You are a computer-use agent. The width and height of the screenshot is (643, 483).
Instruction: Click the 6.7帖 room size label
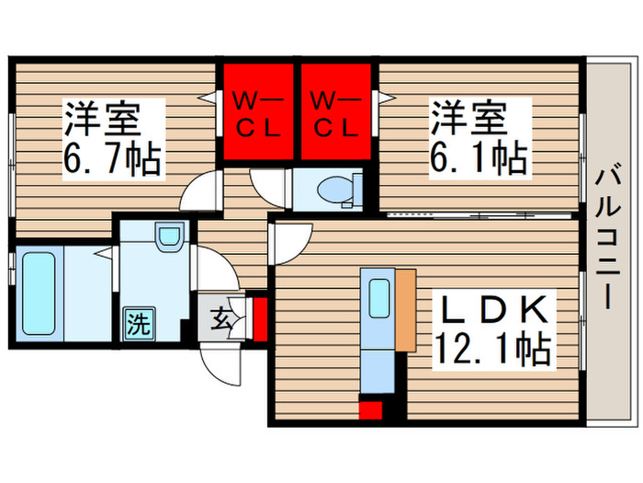pyautogui.click(x=112, y=162)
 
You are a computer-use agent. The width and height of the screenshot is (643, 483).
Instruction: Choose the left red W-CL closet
pyautogui.click(x=254, y=112)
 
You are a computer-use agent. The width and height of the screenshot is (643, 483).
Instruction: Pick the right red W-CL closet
pyautogui.click(x=335, y=112)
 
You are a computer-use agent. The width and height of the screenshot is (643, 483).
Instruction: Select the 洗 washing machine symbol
pyautogui.click(x=137, y=323)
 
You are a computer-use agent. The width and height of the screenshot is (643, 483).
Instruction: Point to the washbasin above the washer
pyautogui.click(x=167, y=237)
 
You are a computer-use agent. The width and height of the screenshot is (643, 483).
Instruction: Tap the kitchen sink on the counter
pyautogui.click(x=378, y=297)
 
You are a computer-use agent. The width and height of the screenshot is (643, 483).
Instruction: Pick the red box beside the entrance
pyautogui.click(x=259, y=317)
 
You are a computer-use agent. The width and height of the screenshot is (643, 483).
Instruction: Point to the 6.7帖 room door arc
pyautogui.click(x=198, y=193)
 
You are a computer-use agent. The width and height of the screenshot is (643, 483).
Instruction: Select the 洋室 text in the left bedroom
pyautogui.click(x=101, y=120)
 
